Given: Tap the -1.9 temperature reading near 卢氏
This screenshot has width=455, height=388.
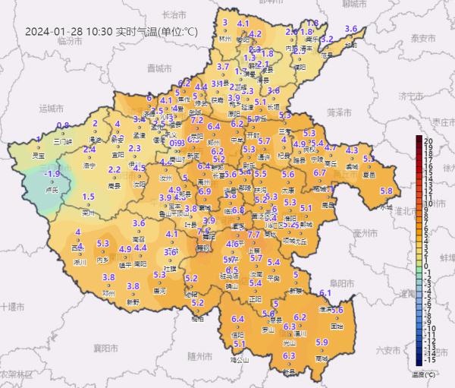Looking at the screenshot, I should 52,174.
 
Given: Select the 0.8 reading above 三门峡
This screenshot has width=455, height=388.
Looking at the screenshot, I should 63,125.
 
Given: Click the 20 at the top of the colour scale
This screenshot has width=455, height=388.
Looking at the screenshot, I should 428,141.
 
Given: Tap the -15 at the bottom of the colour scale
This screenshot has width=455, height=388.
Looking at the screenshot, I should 428,361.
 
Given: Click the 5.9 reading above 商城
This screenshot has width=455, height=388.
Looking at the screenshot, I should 321,342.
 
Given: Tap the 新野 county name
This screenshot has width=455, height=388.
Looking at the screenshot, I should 133,301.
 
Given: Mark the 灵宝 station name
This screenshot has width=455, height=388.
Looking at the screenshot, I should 36,155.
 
